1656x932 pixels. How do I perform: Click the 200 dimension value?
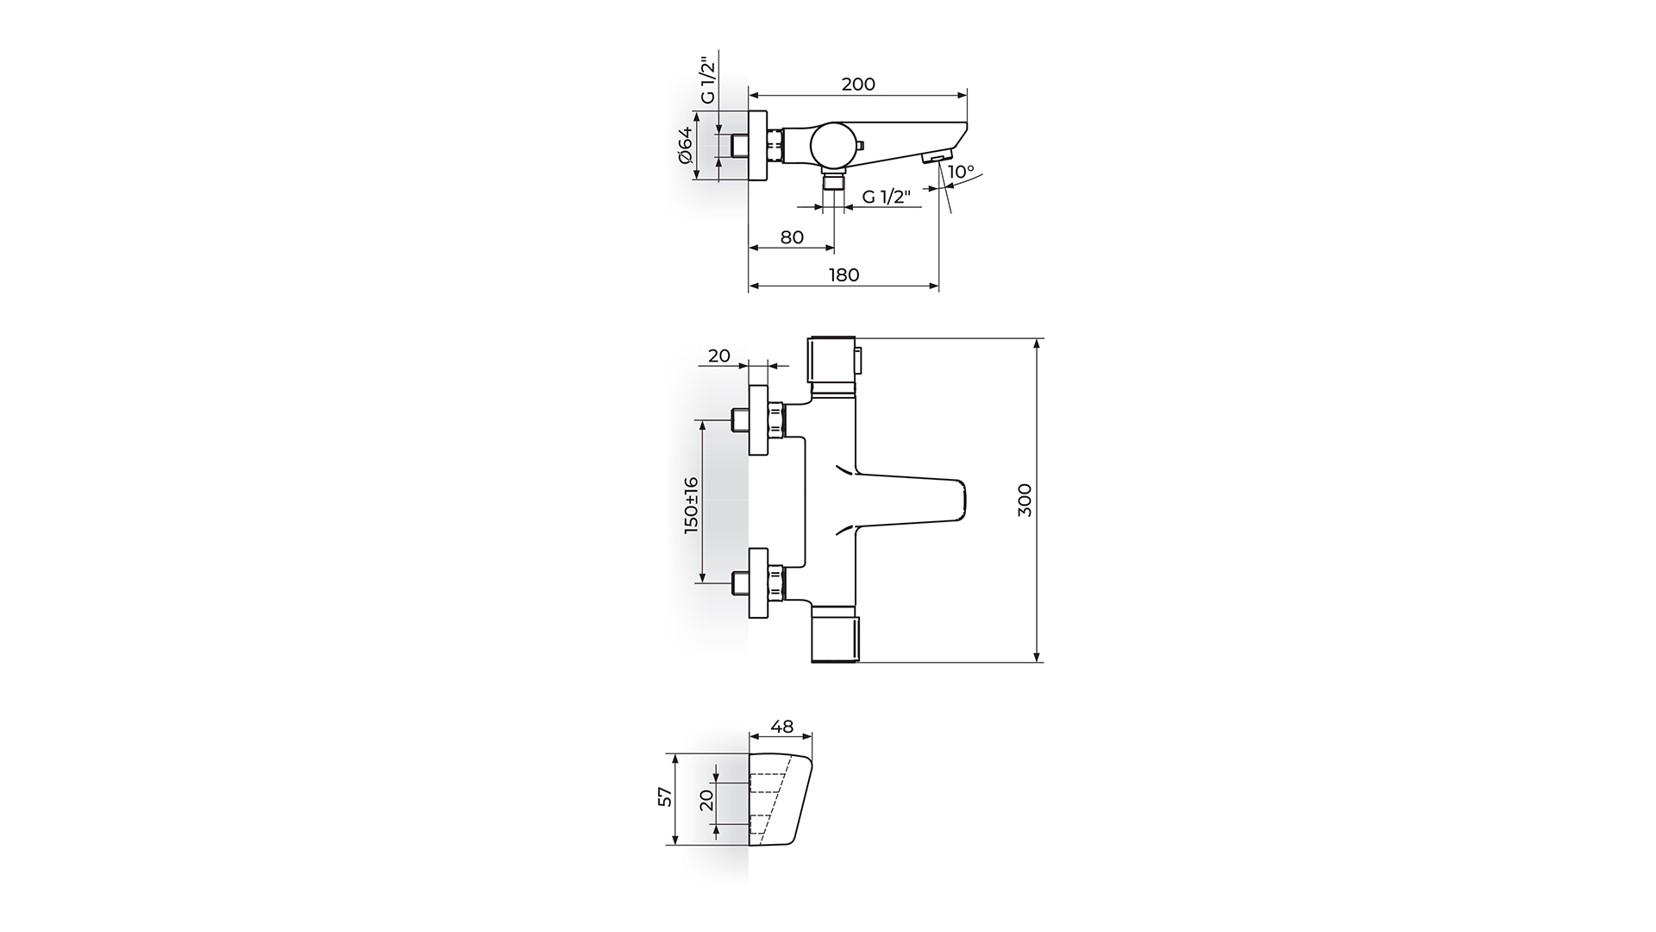pos(858,84)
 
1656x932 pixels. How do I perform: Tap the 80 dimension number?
pos(792,237)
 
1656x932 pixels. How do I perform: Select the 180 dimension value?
pos(844,275)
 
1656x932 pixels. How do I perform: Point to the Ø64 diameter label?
pos(685,145)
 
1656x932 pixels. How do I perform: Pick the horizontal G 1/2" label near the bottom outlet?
pos(888,197)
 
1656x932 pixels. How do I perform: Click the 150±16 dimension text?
pos(692,505)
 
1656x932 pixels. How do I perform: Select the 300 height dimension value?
pos(1025,501)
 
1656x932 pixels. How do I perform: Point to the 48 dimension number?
pos(782,727)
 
